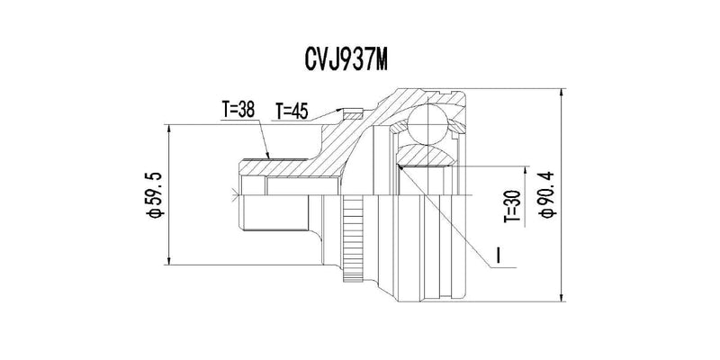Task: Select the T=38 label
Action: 238,109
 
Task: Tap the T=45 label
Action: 291,111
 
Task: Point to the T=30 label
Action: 513,206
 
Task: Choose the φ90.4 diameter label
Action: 548,194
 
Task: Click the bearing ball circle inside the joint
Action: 427,124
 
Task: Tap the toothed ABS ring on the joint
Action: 353,238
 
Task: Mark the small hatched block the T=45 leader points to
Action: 353,113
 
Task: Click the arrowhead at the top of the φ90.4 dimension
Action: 562,93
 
